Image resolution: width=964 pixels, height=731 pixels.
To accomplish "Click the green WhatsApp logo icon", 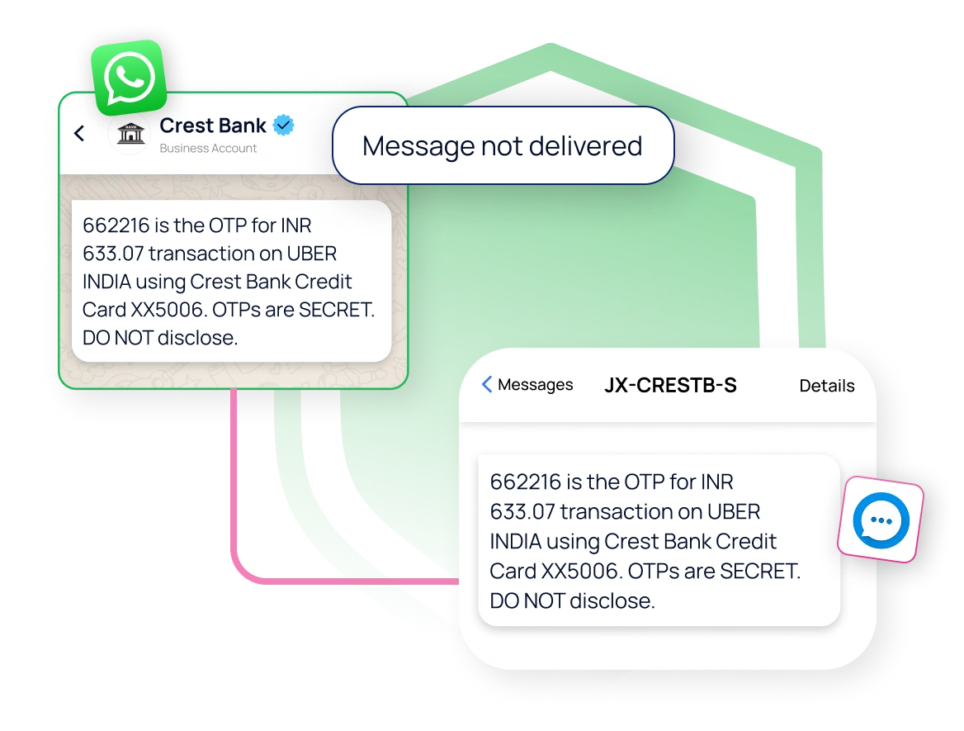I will [129, 78].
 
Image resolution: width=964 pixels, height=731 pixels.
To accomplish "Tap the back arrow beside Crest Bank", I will [80, 133].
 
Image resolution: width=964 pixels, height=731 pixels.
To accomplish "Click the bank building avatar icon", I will [130, 134].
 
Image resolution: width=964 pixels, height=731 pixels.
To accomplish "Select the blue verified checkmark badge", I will [283, 126].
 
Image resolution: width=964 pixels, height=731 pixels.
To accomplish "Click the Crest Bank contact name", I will [212, 126].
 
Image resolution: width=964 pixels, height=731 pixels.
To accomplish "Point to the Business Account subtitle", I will [208, 149].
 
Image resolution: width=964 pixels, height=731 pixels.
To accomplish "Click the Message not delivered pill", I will [502, 145].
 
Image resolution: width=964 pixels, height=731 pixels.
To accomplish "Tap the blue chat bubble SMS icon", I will [881, 520].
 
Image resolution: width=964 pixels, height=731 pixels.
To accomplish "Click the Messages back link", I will [527, 385].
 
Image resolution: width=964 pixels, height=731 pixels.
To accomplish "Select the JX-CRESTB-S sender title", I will [670, 385].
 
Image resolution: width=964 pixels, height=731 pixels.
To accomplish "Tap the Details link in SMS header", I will [826, 386].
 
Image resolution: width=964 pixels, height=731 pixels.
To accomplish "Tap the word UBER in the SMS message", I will [733, 511].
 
